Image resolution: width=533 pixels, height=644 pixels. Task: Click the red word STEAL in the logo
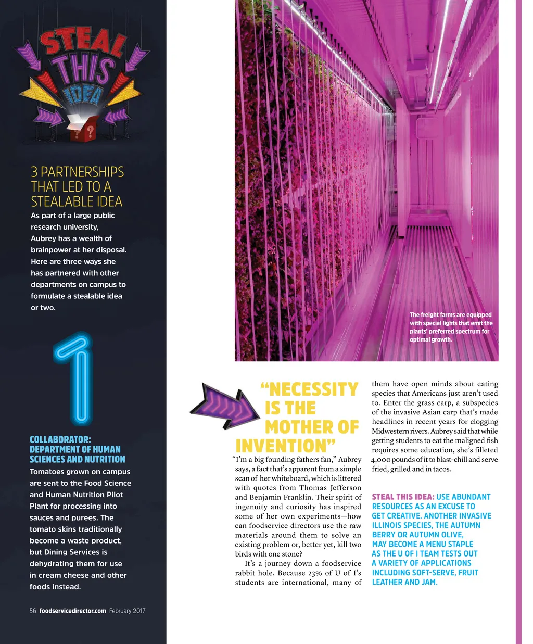tap(83, 43)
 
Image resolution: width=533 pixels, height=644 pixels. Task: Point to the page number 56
tap(33, 611)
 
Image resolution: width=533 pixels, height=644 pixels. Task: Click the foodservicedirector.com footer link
tap(72, 611)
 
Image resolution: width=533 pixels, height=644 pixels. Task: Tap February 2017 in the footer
tap(127, 611)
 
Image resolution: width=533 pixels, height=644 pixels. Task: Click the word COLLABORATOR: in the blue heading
tap(60, 439)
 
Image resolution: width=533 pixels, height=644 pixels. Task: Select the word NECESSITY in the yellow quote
tap(309, 389)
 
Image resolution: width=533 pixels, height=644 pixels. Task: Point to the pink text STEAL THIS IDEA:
tap(403, 497)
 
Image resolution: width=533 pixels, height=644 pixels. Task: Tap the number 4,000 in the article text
tap(382, 460)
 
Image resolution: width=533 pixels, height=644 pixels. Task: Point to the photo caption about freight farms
tap(451, 327)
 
